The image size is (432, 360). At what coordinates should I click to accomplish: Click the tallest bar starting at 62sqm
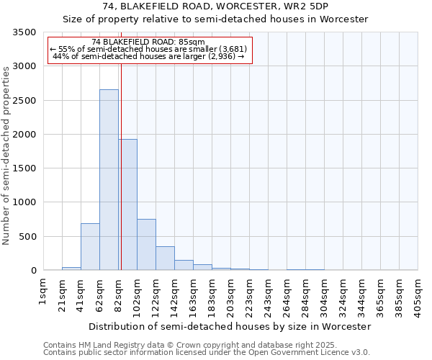(109, 180)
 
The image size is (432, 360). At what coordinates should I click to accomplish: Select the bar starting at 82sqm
(127, 205)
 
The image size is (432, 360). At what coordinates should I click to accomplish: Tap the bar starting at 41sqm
(90, 247)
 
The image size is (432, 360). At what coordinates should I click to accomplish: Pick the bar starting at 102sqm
(146, 245)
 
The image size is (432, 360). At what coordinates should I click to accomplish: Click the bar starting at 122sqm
(165, 258)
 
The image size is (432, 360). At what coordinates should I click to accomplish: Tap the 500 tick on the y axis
(28, 237)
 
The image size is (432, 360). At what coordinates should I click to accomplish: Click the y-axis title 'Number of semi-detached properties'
(6, 155)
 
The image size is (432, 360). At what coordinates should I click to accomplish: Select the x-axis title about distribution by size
(230, 326)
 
